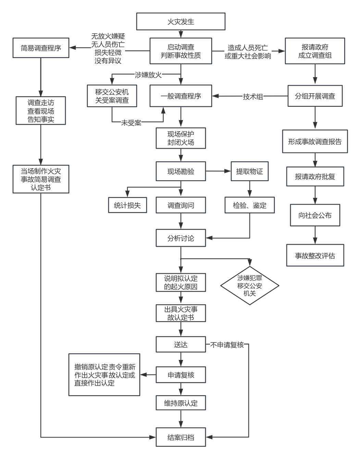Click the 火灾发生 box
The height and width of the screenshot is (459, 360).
pyautogui.click(x=181, y=22)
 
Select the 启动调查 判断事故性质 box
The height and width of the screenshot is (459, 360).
pyautogui.click(x=181, y=51)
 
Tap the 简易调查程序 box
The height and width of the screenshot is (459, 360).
pyautogui.click(x=41, y=48)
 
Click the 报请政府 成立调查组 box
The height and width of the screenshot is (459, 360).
pyautogui.click(x=315, y=51)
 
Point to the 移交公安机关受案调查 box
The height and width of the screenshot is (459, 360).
pyautogui.click(x=112, y=96)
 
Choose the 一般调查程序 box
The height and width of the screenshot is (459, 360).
pyautogui.click(x=181, y=96)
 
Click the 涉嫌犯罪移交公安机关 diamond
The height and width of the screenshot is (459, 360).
pyautogui.click(x=249, y=285)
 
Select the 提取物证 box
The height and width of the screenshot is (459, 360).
pyautogui.click(x=249, y=171)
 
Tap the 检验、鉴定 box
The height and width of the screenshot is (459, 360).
pyautogui.click(x=249, y=205)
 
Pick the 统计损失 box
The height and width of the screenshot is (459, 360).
pyautogui.click(x=127, y=205)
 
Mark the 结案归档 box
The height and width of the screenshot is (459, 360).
pyautogui.click(x=181, y=437)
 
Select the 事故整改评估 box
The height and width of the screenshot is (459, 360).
pyautogui.click(x=315, y=256)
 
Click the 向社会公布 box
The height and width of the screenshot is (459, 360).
pyautogui.click(x=315, y=215)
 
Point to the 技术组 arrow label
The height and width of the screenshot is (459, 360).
pyautogui.click(x=253, y=97)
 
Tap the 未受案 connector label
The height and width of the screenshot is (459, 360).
pyautogui.click(x=131, y=123)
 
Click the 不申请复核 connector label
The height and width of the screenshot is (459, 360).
pyautogui.click(x=227, y=345)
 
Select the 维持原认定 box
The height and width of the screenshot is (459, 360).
pyautogui.click(x=181, y=403)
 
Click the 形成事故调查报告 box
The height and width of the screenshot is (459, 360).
pyautogui.click(x=315, y=142)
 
